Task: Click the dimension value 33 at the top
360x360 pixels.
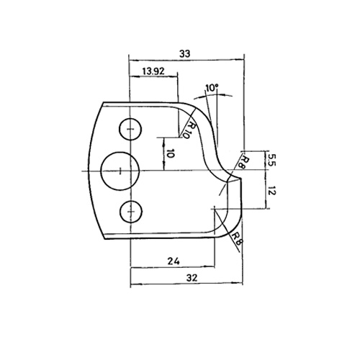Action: click(x=185, y=54)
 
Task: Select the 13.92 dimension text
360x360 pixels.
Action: click(x=153, y=71)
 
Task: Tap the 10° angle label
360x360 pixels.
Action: click(x=212, y=88)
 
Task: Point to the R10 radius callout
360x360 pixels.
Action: click(x=189, y=130)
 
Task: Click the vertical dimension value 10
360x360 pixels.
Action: click(x=170, y=153)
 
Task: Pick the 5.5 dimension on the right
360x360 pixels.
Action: click(x=272, y=160)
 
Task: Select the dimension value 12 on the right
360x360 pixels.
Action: click(x=271, y=192)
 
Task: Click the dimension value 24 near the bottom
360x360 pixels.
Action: click(x=174, y=261)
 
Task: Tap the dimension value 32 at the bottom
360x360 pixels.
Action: click(x=192, y=278)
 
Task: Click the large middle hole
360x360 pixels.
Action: click(x=120, y=171)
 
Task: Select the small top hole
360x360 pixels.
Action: click(x=130, y=129)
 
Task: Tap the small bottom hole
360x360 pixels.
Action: click(x=131, y=212)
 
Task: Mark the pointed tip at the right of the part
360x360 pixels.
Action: click(x=241, y=179)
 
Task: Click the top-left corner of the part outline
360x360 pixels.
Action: click(x=104, y=102)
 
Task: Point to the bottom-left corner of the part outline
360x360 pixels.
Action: click(x=105, y=239)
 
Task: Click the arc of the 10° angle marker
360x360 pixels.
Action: click(x=213, y=95)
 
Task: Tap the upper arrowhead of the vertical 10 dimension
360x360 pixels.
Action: click(x=163, y=140)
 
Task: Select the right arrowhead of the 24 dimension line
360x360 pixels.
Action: click(x=212, y=266)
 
